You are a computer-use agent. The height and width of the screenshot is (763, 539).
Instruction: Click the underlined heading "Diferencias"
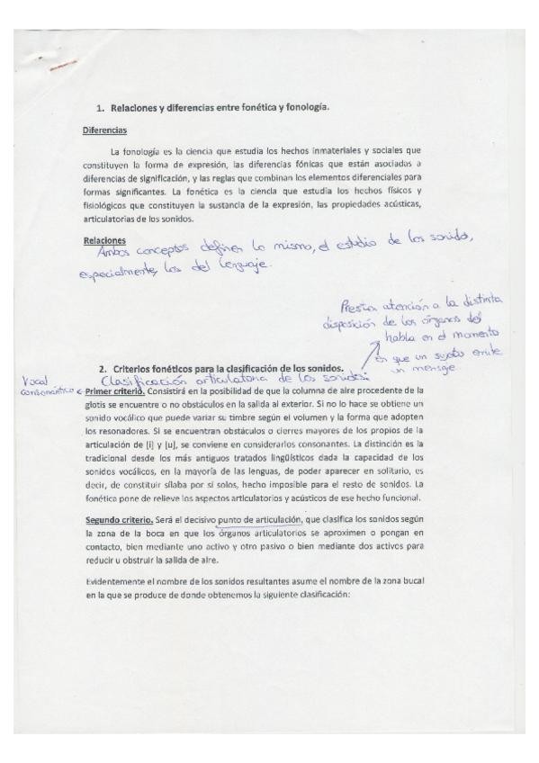click(103, 130)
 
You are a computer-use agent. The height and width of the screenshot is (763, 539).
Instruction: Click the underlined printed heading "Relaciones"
click(103, 240)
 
